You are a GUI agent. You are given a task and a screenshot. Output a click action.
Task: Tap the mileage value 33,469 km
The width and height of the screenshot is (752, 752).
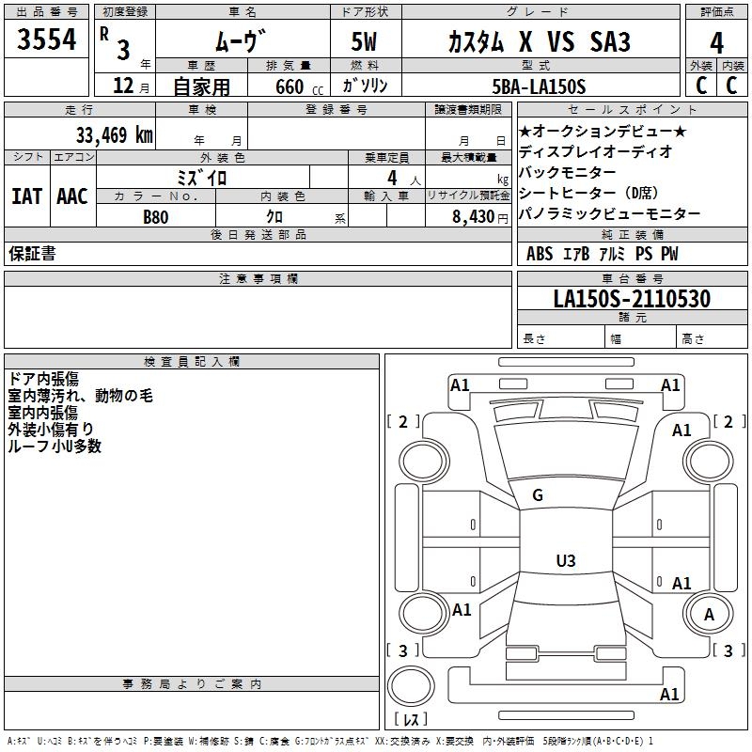coord(115,134)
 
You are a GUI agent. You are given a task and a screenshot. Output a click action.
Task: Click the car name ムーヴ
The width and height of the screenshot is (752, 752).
coord(240,41)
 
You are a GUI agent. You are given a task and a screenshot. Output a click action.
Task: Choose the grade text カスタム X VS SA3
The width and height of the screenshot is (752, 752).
coord(539,42)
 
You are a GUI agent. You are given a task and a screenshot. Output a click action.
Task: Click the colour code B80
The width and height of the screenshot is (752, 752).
coord(156,215)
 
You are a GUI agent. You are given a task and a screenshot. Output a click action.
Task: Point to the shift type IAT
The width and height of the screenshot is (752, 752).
coord(26,196)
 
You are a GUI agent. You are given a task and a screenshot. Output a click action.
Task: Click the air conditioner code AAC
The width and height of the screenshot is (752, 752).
coord(72,196)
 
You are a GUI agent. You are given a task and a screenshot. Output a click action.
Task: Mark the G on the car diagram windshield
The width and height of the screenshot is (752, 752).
coord(538,494)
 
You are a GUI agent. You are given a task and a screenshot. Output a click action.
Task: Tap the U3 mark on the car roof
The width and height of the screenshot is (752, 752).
coord(565,561)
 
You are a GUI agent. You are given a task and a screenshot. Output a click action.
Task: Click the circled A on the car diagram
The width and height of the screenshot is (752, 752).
coord(710,615)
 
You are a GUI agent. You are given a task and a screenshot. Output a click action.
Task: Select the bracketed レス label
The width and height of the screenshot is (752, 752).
coord(411,721)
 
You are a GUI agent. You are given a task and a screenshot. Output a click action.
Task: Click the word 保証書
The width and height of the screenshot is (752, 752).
coord(32,254)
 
